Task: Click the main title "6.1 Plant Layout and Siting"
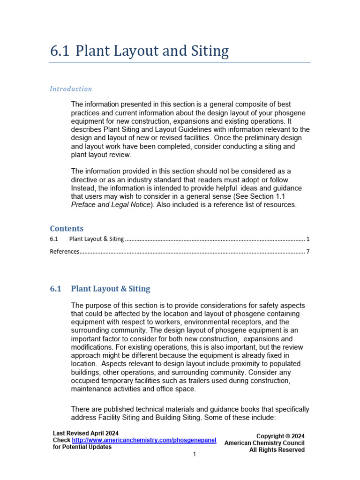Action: (139, 51)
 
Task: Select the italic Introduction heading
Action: (71, 89)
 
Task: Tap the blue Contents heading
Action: (67, 228)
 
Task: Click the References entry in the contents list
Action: (65, 251)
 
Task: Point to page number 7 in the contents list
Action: (307, 251)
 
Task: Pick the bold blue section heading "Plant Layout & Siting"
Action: (110, 289)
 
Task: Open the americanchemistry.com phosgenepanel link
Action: (144, 440)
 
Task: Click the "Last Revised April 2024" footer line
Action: (85, 433)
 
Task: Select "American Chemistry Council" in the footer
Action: (264, 443)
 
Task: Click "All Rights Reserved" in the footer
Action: (277, 450)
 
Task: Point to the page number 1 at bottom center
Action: (194, 454)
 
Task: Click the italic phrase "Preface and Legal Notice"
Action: (111, 205)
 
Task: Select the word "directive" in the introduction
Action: (85, 180)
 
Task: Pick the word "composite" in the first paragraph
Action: (232, 104)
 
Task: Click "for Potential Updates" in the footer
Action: (82, 447)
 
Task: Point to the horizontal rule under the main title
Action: (180, 62)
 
